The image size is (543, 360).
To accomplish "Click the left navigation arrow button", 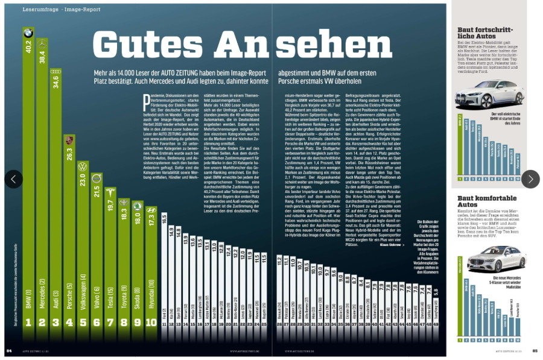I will [x=14, y=178].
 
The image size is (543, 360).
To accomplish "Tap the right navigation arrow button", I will [x=530, y=178].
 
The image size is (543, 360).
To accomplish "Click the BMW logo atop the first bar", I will [x=28, y=33].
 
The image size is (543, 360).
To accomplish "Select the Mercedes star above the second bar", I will [x=42, y=43].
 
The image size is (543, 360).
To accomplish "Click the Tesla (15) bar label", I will [x=110, y=295].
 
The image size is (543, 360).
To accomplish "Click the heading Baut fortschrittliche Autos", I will [x=485, y=33].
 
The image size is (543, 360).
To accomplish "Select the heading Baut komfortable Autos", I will [x=483, y=201].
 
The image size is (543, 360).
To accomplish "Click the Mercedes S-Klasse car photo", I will [x=487, y=257].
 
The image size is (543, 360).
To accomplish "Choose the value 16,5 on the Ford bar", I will [x=164, y=218].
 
